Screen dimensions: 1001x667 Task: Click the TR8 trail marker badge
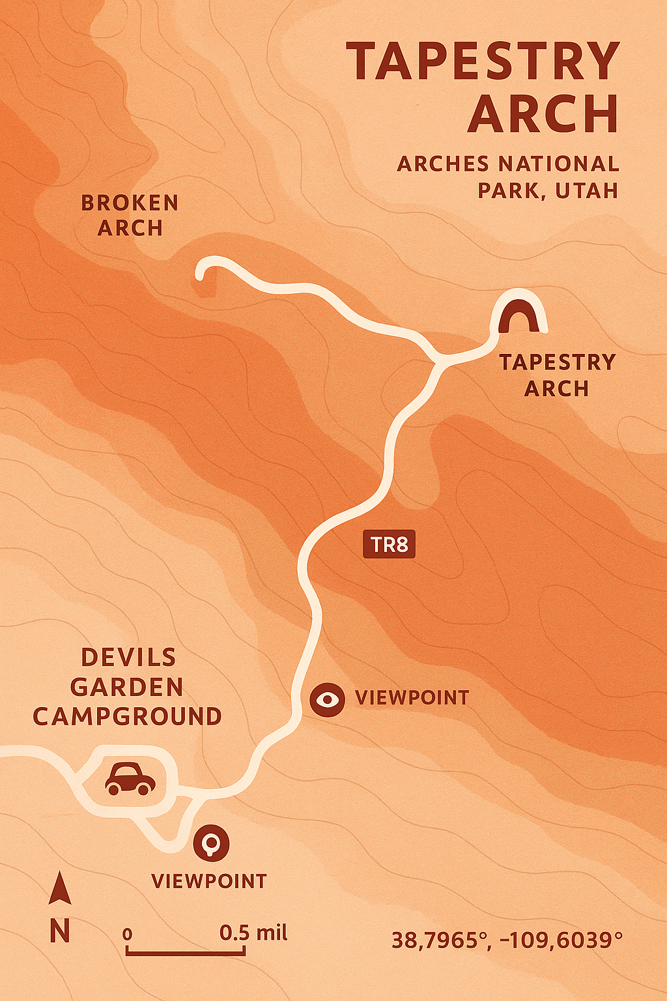click(x=388, y=544)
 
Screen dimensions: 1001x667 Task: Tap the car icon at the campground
click(x=130, y=779)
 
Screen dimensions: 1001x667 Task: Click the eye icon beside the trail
click(x=326, y=700)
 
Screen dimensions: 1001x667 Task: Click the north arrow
click(x=60, y=889)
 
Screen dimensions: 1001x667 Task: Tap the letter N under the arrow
click(x=60, y=931)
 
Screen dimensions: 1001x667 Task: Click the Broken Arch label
click(x=130, y=216)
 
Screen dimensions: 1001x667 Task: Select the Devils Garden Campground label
click(x=127, y=687)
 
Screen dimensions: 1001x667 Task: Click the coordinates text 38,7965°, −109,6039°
click(x=507, y=940)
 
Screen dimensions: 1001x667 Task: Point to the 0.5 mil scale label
click(x=253, y=933)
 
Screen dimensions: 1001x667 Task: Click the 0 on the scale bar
click(x=128, y=935)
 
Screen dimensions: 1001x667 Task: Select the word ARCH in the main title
click(x=543, y=115)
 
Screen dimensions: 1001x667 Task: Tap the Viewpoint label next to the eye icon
click(x=412, y=698)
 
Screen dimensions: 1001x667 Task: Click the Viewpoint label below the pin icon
click(x=209, y=882)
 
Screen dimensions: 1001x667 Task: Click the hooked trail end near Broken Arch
click(x=203, y=270)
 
